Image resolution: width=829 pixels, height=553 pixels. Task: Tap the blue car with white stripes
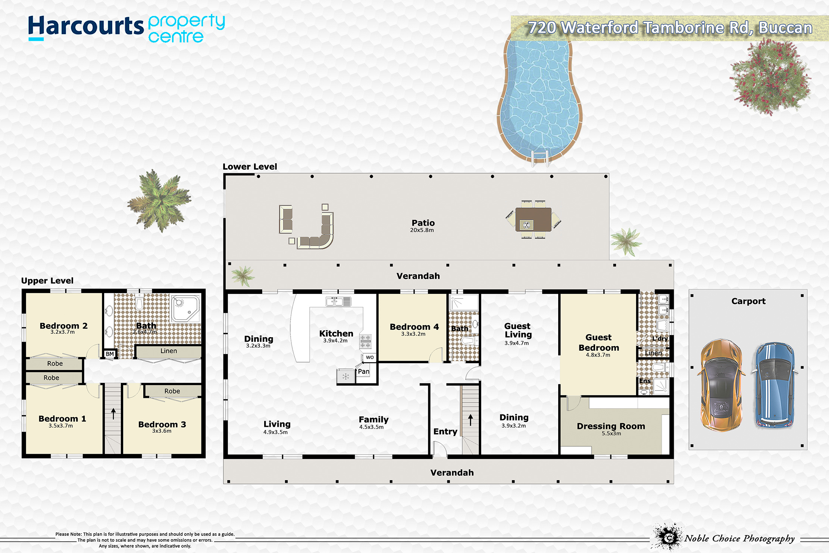tap(774, 385)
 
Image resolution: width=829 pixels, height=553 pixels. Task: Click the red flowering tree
tap(770, 77)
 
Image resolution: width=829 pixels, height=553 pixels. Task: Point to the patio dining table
tap(534, 220)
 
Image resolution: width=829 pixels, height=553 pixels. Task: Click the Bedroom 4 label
tap(414, 327)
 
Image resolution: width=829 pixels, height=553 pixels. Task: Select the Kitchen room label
tap(336, 333)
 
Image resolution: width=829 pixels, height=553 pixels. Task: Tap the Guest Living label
tap(518, 330)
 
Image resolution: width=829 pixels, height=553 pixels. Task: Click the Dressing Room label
tap(611, 426)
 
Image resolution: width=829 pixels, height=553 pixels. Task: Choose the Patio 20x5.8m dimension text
tap(422, 230)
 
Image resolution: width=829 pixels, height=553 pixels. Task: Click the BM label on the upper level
tap(110, 354)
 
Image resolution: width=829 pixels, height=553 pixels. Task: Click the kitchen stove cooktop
tap(365, 341)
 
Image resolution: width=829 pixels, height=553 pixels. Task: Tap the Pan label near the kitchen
tap(364, 372)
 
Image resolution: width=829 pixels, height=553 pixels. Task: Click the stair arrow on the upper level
tap(113, 413)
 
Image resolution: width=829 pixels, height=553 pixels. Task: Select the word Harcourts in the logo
tap(86, 27)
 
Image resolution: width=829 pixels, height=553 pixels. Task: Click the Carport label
tap(748, 301)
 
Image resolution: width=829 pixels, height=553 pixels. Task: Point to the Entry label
tap(445, 432)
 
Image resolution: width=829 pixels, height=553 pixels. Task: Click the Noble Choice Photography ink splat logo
tap(668, 537)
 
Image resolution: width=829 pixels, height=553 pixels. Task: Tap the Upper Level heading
tap(47, 281)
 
